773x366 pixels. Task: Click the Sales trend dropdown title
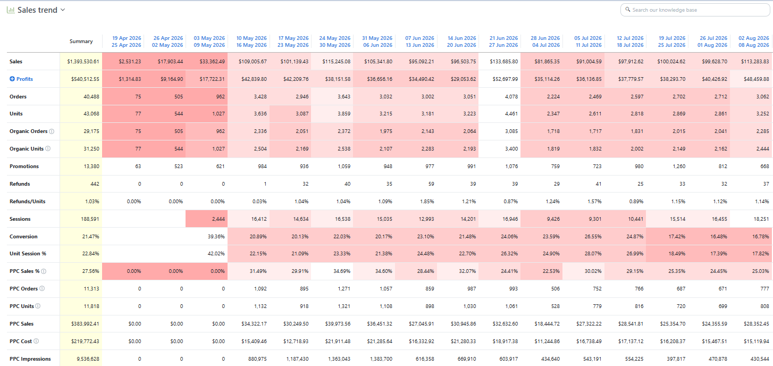(37, 10)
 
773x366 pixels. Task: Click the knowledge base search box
(695, 10)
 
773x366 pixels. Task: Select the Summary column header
(81, 41)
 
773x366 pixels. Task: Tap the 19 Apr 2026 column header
(127, 41)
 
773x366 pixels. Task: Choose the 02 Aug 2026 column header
(754, 41)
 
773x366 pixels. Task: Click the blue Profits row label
(24, 79)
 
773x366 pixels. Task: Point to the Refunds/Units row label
(27, 201)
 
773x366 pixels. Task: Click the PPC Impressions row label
(30, 359)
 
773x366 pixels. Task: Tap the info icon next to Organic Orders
(52, 131)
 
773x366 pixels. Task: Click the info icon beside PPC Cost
(36, 341)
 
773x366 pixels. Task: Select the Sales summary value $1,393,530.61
(83, 62)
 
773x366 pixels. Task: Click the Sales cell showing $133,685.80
(503, 62)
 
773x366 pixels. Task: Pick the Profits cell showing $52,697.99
(505, 79)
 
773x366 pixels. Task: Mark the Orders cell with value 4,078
(511, 97)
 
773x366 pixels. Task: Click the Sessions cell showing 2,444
(218, 219)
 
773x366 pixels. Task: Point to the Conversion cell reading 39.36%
(216, 237)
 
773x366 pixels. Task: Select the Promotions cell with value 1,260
(679, 167)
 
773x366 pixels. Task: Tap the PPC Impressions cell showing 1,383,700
(381, 359)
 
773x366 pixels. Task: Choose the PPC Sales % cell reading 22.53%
(551, 271)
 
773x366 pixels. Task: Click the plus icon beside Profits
(12, 79)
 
